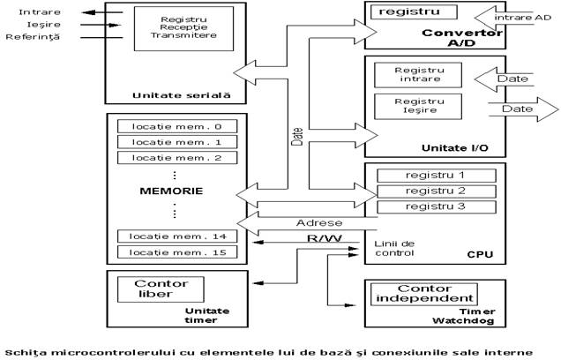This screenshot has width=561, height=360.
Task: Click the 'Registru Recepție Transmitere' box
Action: click(x=183, y=28)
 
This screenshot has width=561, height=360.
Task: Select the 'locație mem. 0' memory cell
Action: click(x=177, y=126)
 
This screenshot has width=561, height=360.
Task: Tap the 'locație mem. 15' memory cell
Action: click(x=177, y=252)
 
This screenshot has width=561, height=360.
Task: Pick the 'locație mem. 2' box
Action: click(x=177, y=157)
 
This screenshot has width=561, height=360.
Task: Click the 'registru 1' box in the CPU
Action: click(x=436, y=176)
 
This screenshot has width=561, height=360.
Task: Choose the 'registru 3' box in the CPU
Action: click(x=436, y=206)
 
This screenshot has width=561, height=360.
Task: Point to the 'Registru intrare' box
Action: click(x=418, y=75)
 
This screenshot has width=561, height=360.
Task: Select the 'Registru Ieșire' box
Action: click(x=418, y=106)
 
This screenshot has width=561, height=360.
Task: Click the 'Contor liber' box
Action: click(x=161, y=289)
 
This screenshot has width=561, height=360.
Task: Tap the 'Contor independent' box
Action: click(x=424, y=294)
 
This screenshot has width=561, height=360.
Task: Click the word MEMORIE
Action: click(x=171, y=191)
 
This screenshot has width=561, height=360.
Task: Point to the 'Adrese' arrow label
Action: click(x=319, y=223)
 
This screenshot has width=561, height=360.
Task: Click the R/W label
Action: click(x=324, y=238)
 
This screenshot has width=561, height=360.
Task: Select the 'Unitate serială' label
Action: click(x=182, y=95)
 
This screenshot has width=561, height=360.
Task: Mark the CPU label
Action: click(x=480, y=254)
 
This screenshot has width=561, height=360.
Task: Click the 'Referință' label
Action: click(x=33, y=37)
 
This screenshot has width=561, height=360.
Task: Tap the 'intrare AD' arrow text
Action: click(x=523, y=18)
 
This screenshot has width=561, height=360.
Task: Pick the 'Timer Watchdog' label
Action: click(x=464, y=316)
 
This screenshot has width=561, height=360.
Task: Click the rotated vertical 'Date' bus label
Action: click(x=297, y=137)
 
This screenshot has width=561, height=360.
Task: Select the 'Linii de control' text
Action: click(x=394, y=248)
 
